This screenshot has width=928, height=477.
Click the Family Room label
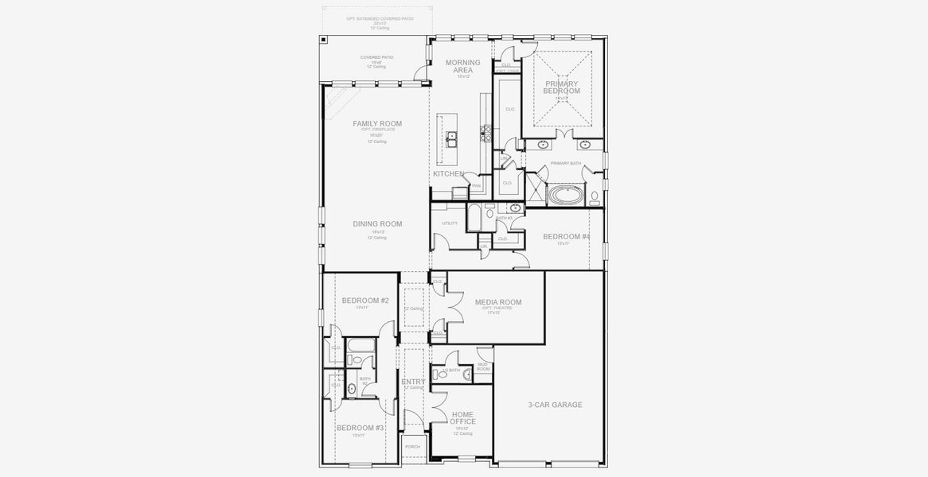click(x=377, y=123)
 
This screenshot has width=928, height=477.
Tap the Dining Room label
click(x=377, y=224)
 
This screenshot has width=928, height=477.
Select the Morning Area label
click(x=463, y=66)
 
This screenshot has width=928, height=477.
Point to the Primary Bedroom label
click(x=562, y=87)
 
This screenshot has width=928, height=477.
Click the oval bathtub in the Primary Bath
click(x=565, y=194)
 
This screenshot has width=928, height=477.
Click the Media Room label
click(x=498, y=302)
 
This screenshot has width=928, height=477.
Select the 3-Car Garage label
click(x=555, y=405)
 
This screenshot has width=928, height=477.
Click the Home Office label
click(x=463, y=417)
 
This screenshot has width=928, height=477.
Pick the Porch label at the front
click(x=412, y=447)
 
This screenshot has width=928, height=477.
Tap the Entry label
click(x=413, y=382)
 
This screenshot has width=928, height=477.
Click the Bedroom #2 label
click(x=365, y=301)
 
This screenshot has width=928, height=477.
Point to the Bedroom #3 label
click(x=360, y=428)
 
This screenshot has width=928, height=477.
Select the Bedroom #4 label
click(x=567, y=237)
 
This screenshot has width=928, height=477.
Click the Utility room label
click(x=450, y=223)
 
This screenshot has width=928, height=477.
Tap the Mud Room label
click(x=483, y=366)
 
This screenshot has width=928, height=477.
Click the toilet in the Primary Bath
click(x=595, y=196)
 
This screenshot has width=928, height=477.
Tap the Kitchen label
click(x=448, y=173)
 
